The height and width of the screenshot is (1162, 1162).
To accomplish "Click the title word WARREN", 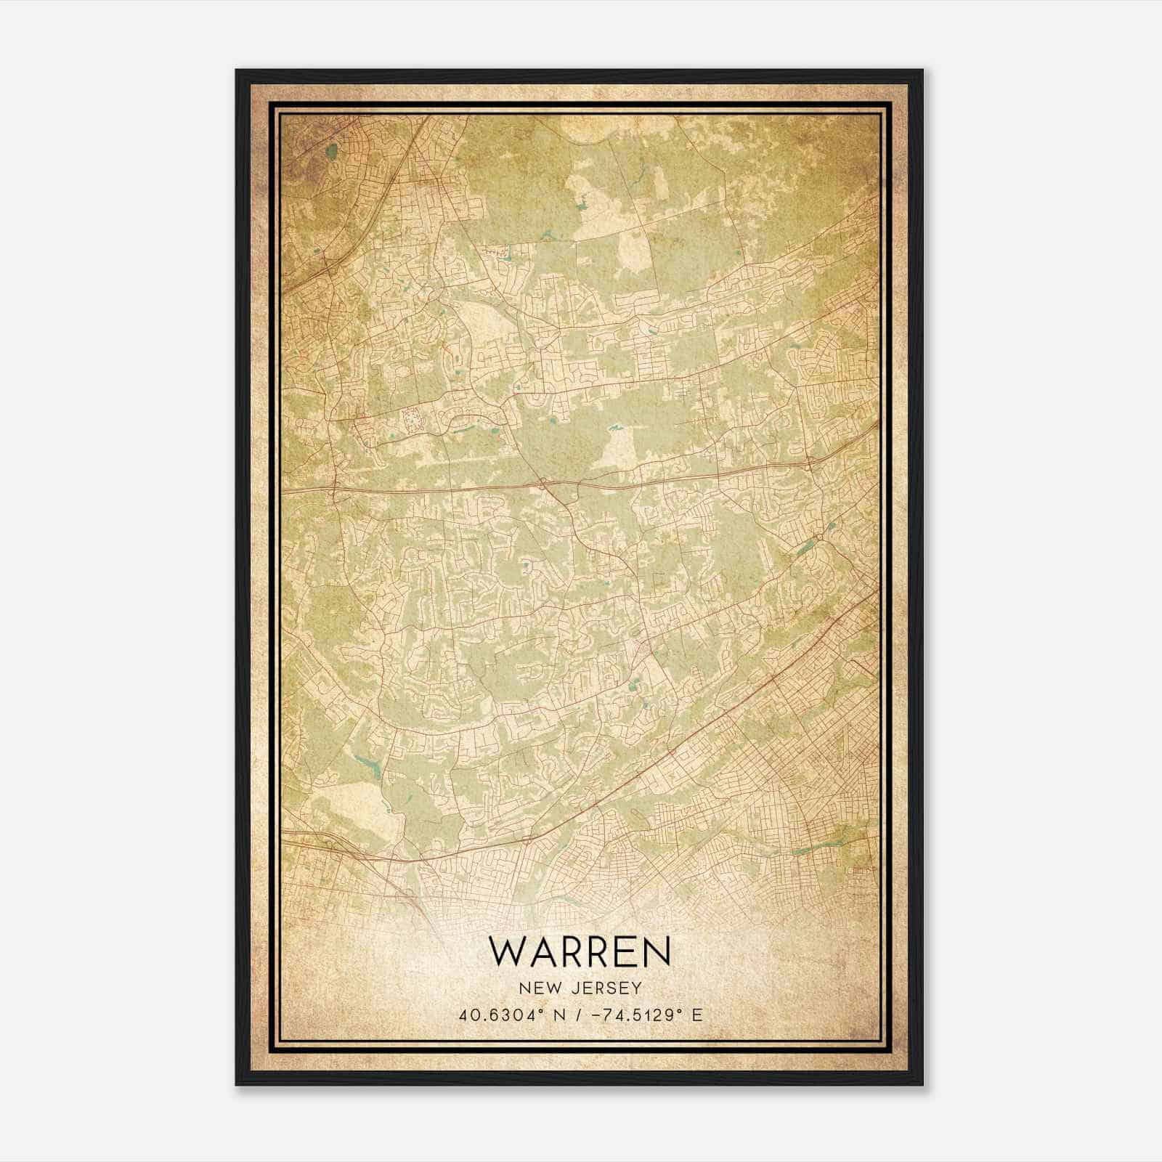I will point(580,951).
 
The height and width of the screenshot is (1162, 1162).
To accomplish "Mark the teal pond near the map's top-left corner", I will point(332,152).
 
